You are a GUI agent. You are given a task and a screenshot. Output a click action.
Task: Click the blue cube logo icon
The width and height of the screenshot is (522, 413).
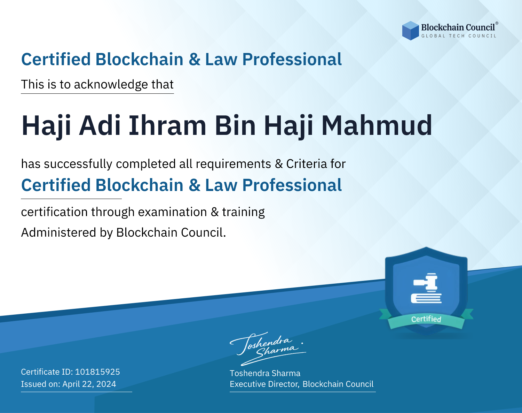pyautogui.click(x=410, y=31)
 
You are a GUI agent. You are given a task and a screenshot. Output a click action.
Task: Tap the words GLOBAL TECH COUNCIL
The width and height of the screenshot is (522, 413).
pyautogui.click(x=459, y=36)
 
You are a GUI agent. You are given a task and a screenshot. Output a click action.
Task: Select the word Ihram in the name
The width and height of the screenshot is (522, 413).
pyautogui.click(x=167, y=125)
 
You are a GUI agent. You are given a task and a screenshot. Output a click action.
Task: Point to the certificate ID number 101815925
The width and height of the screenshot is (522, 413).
pyautogui.click(x=97, y=372)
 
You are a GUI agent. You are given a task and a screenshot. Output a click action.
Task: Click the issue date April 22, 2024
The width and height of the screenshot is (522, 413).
pyautogui.click(x=89, y=384)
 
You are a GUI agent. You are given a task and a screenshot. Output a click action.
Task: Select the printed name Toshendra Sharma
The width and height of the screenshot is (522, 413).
pyautogui.click(x=265, y=373)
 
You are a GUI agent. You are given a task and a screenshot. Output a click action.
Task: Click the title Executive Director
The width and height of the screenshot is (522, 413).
pyautogui.click(x=264, y=384)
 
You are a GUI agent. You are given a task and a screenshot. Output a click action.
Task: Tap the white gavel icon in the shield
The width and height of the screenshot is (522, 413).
pyautogui.click(x=426, y=288)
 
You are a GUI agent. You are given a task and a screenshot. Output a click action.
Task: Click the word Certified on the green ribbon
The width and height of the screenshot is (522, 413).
pyautogui.click(x=426, y=319)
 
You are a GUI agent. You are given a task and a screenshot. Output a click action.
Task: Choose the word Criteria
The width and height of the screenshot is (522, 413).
pyautogui.click(x=306, y=164)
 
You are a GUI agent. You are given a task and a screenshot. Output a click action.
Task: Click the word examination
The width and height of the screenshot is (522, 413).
pyautogui.click(x=172, y=212)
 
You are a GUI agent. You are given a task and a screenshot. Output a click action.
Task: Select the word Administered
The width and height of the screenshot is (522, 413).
pyautogui.click(x=59, y=232)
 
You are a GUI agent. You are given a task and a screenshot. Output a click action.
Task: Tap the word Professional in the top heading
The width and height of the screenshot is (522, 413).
pyautogui.click(x=292, y=60)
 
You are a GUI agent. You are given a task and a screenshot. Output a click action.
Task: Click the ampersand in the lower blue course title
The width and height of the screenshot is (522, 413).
pyautogui.click(x=195, y=185)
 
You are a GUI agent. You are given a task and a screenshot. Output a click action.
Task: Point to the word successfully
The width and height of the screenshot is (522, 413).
pyautogui.click(x=78, y=164)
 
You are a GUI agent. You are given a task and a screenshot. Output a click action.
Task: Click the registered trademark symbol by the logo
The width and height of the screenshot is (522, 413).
pyautogui.click(x=497, y=23)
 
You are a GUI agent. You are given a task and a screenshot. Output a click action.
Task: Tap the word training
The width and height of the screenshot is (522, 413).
pyautogui.click(x=243, y=212)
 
